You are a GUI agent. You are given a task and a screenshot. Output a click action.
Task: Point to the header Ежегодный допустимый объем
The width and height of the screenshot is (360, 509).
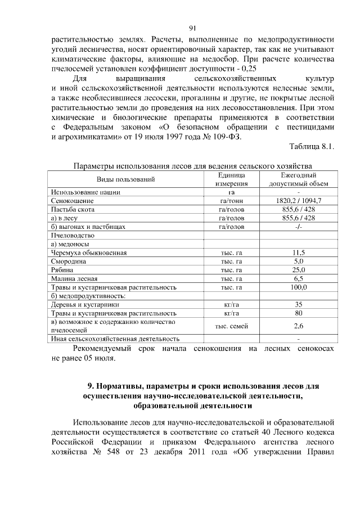(x=298, y=179)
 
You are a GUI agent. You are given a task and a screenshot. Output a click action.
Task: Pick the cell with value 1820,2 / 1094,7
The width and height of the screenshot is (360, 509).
(x=298, y=201)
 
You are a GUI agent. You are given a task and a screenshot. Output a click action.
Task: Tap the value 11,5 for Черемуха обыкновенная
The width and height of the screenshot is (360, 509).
(x=298, y=253)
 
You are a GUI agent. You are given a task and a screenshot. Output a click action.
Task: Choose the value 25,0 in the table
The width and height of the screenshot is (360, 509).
(x=298, y=270)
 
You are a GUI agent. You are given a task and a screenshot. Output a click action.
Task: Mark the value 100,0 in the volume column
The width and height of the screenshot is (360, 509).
(x=298, y=287)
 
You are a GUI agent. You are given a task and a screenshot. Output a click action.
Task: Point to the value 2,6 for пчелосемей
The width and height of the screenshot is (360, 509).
(x=298, y=326)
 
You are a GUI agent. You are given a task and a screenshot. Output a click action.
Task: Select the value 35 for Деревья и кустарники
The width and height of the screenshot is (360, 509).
(x=298, y=304)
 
